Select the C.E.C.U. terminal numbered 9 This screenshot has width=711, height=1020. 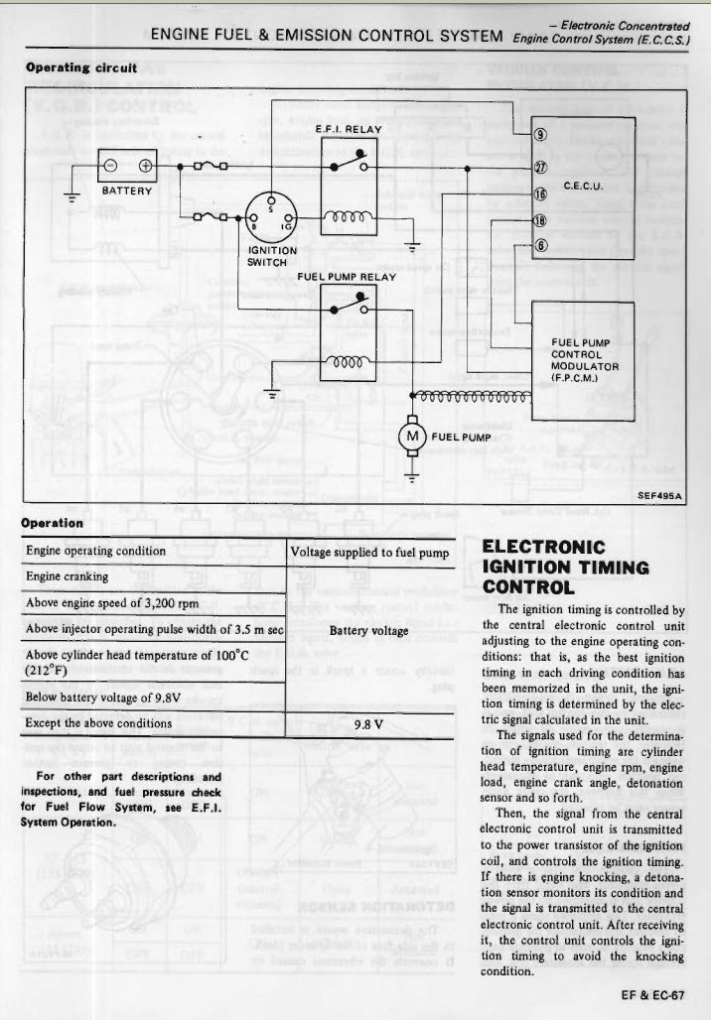pos(541,135)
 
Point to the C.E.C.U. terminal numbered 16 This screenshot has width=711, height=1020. pos(541,193)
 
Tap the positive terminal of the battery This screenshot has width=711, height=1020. pos(144,166)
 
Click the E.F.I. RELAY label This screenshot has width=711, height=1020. pos(348,128)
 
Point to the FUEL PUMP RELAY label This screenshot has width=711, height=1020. pos(347,276)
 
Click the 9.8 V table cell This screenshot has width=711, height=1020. pos(368,723)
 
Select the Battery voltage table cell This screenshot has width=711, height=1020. pos(368,630)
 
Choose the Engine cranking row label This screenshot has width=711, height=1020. pos(68,576)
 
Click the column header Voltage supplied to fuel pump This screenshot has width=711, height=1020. pos(370,552)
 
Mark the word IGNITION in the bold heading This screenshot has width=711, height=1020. pos(524,567)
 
